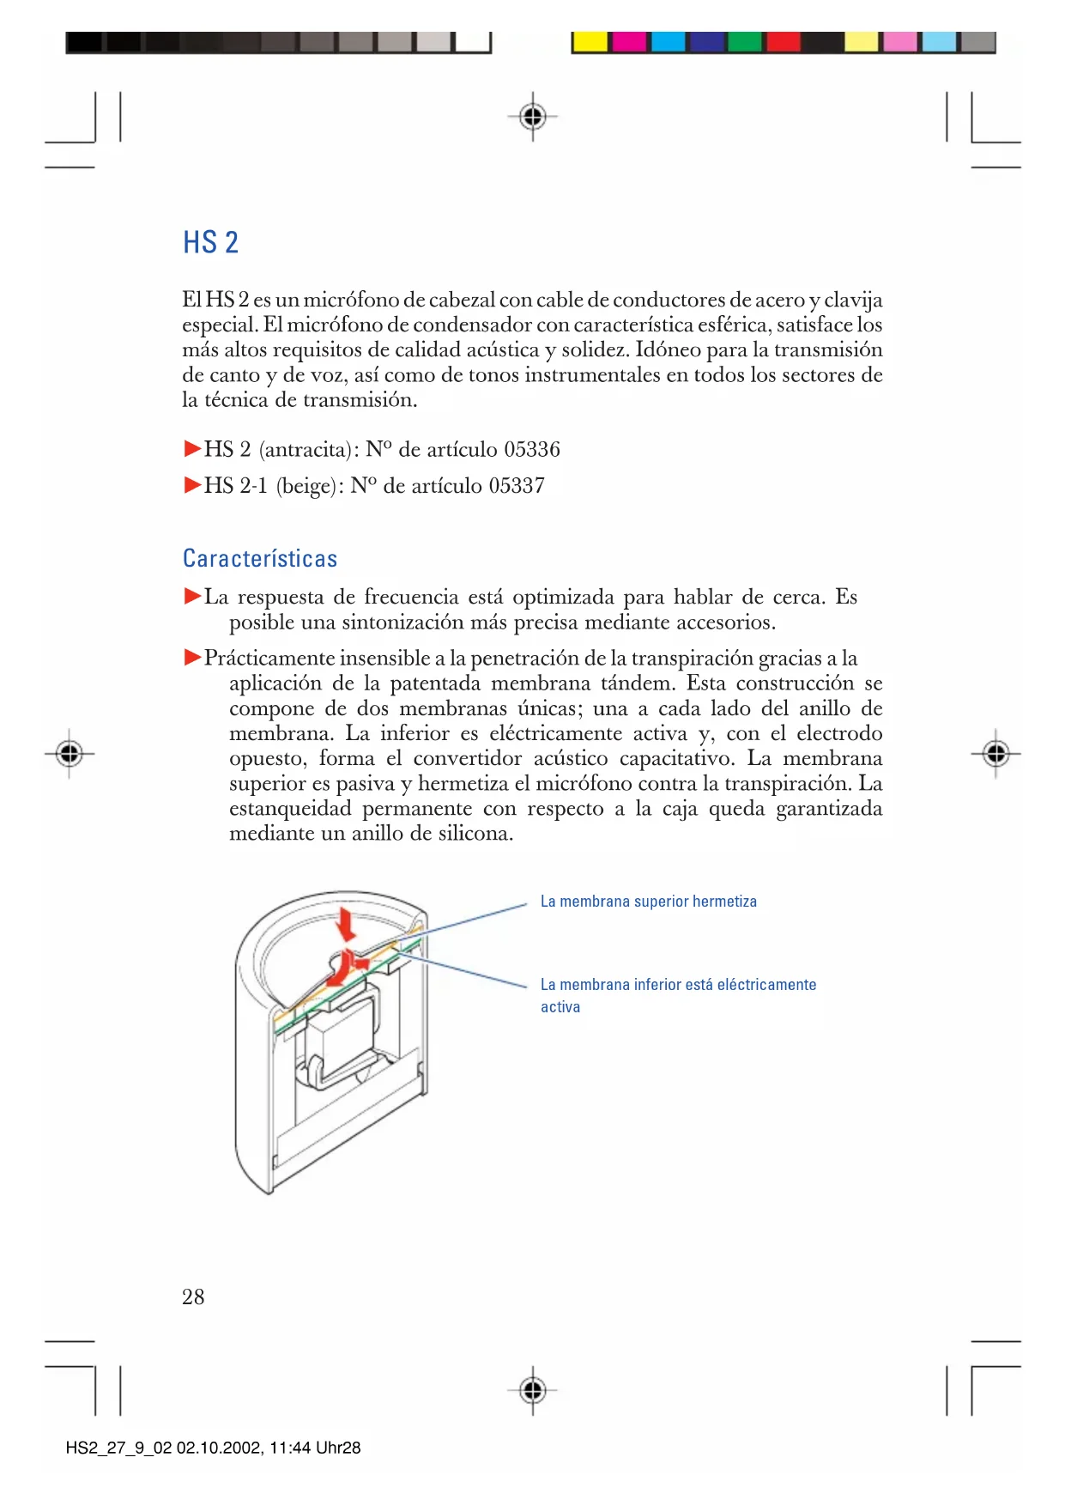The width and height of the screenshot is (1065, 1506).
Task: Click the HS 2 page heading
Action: coord(210,243)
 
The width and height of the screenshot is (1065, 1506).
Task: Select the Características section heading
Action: coord(260,559)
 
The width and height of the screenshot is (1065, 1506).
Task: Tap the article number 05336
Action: coord(532,450)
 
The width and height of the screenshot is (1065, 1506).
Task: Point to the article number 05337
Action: coord(517,486)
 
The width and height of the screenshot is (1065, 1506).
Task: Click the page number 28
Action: coord(193,1296)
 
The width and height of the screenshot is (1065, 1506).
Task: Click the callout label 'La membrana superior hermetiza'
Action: coord(648,902)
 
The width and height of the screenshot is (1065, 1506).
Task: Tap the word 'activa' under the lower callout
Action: coord(560,1007)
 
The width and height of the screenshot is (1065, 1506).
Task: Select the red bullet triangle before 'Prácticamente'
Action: coord(192,658)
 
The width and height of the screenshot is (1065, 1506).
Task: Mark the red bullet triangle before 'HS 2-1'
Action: coord(192,485)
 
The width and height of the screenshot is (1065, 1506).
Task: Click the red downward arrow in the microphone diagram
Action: coord(347,925)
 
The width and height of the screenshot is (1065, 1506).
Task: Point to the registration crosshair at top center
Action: coord(533,116)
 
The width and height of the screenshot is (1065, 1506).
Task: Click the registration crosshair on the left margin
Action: coord(70,754)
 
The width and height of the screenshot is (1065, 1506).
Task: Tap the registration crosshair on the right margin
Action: coord(995,754)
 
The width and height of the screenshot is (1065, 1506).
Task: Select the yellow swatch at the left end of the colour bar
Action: coord(590,42)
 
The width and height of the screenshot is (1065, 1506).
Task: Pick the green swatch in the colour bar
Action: coord(745,42)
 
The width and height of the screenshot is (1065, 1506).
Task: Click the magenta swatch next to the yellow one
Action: coord(629,42)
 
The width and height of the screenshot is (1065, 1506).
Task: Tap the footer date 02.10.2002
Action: coord(220,1448)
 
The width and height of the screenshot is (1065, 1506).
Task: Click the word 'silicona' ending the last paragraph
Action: coord(473,834)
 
